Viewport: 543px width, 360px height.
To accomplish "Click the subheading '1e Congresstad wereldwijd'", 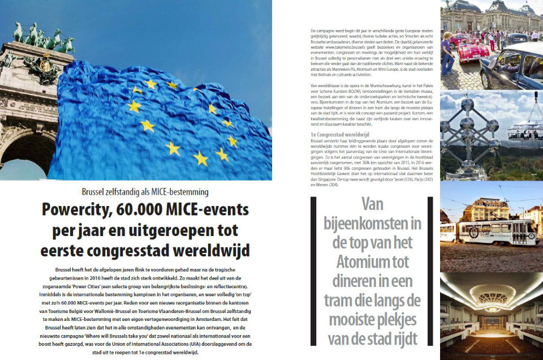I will [x=339, y=135].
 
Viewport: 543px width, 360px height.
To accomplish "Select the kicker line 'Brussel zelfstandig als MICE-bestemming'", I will [x=145, y=191].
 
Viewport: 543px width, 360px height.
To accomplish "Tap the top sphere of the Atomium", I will [x=468, y=103].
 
